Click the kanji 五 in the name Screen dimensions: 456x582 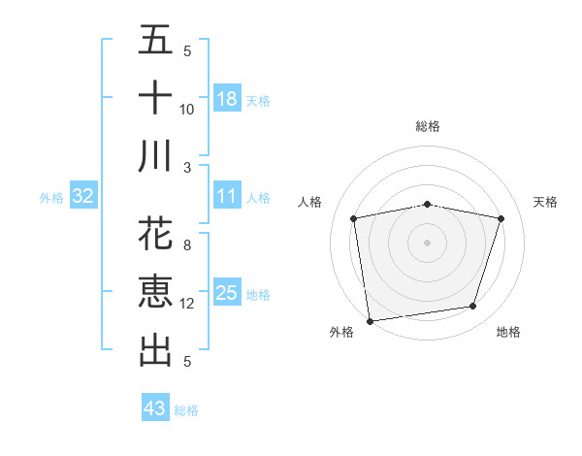pyautogui.click(x=155, y=41)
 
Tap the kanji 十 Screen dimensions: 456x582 pyautogui.click(x=155, y=98)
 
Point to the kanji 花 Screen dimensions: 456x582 pyautogui.click(x=155, y=236)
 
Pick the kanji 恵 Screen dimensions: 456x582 pyautogui.click(x=155, y=292)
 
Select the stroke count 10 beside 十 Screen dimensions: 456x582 pyautogui.click(x=187, y=110)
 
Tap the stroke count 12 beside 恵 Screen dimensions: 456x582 pyautogui.click(x=187, y=304)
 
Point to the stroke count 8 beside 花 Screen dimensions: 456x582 pyautogui.click(x=187, y=246)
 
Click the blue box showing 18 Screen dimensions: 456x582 pyautogui.click(x=227, y=99)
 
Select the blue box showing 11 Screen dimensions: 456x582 pyautogui.click(x=227, y=196)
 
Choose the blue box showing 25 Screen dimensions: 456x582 pyautogui.click(x=227, y=293)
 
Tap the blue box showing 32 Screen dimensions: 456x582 pyautogui.click(x=83, y=197)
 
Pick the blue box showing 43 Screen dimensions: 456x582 pyautogui.click(x=154, y=408)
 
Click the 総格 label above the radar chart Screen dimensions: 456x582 pyautogui.click(x=427, y=126)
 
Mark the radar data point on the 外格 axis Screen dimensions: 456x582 pyautogui.click(x=370, y=320)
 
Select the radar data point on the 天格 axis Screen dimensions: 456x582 pyautogui.click(x=501, y=218)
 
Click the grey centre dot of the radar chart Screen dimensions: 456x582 pyautogui.click(x=427, y=242)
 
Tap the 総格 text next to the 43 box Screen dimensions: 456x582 pyautogui.click(x=186, y=410)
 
